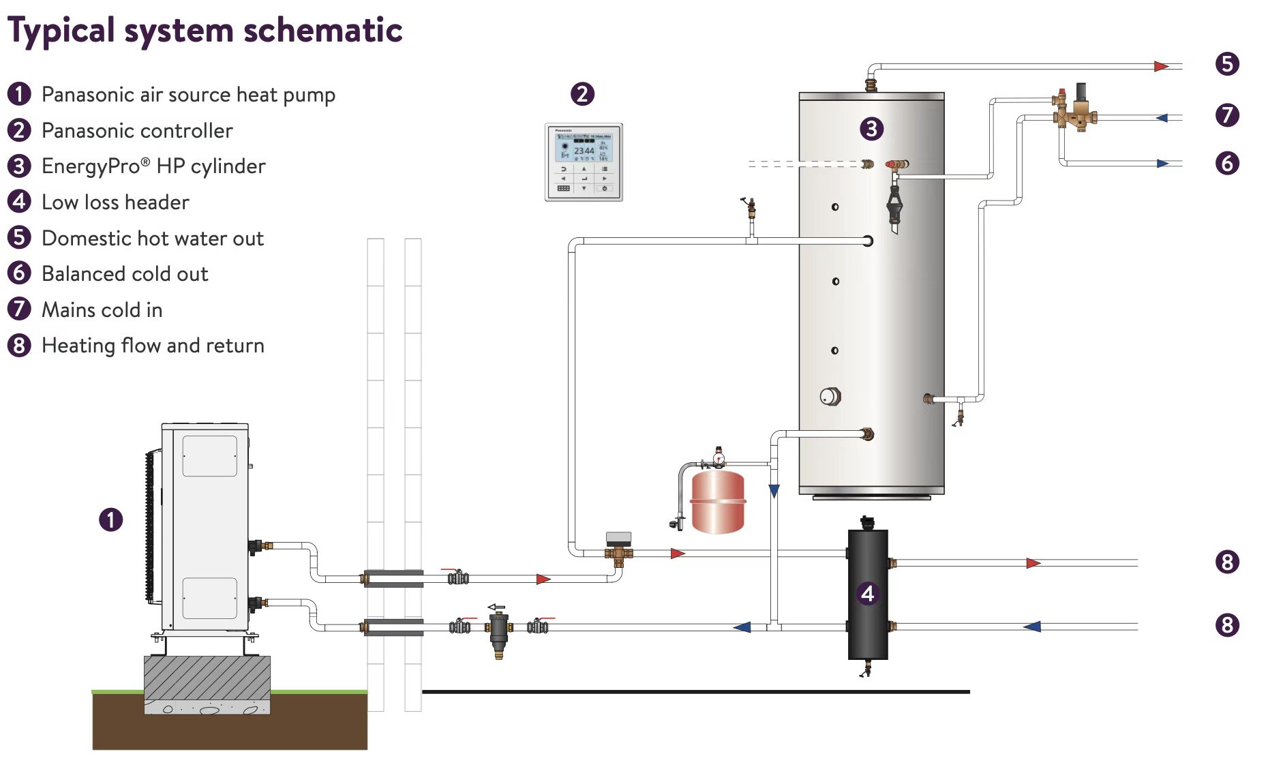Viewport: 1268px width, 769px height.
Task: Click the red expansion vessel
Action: pyautogui.click(x=718, y=502)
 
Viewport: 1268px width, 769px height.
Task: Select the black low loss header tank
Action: pyautogui.click(x=867, y=593)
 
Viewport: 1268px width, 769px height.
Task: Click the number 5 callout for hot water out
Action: pyautogui.click(x=1227, y=64)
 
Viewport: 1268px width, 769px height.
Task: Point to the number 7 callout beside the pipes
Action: pyautogui.click(x=1227, y=115)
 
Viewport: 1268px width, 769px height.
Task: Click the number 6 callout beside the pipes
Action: pyautogui.click(x=1227, y=164)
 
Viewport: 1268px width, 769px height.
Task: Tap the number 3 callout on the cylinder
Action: pyautogui.click(x=871, y=129)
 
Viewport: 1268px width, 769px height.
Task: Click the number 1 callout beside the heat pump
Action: pyautogui.click(x=111, y=520)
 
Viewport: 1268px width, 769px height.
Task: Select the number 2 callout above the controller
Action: pyautogui.click(x=582, y=94)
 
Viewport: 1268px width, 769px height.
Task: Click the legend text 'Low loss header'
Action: pyautogui.click(x=115, y=202)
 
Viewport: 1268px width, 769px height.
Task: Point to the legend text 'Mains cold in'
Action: pyautogui.click(x=102, y=310)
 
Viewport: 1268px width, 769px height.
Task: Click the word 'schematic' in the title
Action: pyautogui.click(x=322, y=31)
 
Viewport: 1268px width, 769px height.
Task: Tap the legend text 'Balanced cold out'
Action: pyautogui.click(x=125, y=274)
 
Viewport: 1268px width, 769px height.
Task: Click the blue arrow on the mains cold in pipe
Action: pyautogui.click(x=1162, y=118)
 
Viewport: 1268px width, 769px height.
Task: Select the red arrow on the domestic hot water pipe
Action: pyautogui.click(x=1160, y=66)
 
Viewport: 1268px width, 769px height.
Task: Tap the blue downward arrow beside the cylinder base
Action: pyautogui.click(x=774, y=491)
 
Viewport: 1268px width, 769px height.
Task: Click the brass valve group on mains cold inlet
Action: pyautogui.click(x=1074, y=112)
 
